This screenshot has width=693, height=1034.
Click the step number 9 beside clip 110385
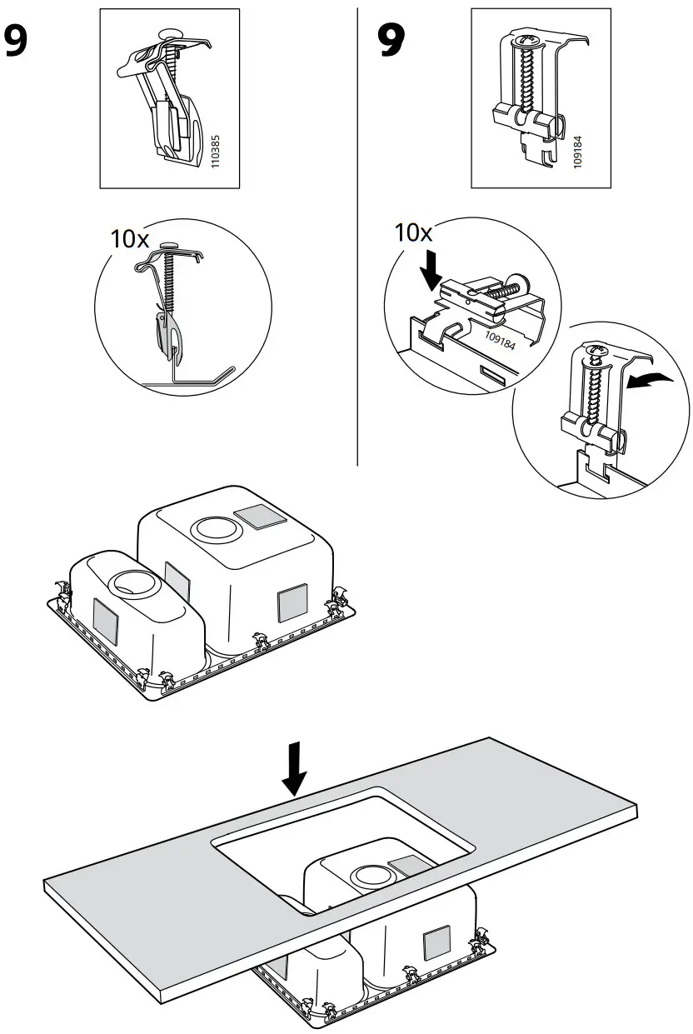click(25, 41)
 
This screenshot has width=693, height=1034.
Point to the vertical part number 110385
click(215, 153)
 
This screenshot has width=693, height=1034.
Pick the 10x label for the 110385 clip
click(130, 239)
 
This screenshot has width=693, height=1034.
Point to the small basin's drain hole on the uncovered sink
click(132, 582)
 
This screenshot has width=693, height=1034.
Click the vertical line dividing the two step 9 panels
click(357, 233)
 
